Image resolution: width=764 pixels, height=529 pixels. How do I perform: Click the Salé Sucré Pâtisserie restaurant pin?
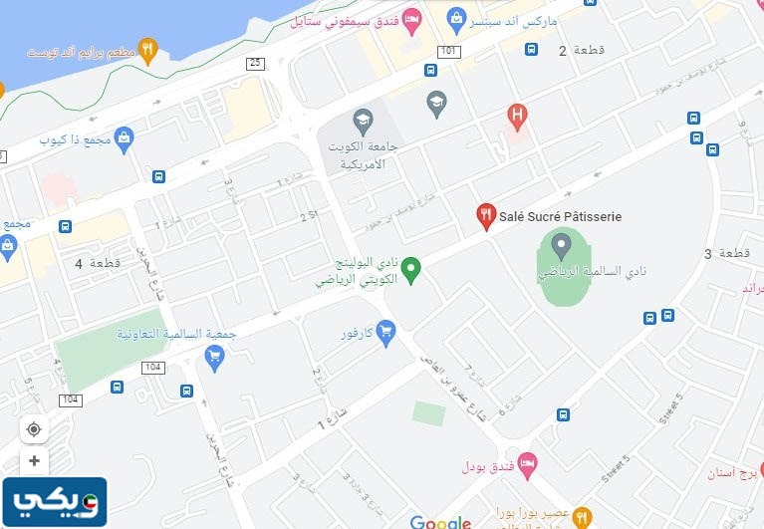[x=486, y=216]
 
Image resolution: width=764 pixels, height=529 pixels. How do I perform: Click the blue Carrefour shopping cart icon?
[x=385, y=331]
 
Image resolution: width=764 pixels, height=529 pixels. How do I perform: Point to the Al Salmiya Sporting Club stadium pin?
[x=561, y=244]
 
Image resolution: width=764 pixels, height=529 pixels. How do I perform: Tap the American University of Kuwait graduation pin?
[x=363, y=121]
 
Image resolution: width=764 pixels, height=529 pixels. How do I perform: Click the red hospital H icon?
[x=516, y=115]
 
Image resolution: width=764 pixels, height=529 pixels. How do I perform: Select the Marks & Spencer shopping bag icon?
[x=456, y=18]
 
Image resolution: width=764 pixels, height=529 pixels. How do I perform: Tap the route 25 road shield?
[x=256, y=64]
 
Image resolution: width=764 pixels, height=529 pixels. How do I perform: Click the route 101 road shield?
[x=449, y=51]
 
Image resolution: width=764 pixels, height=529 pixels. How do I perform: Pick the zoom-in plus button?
[x=34, y=461]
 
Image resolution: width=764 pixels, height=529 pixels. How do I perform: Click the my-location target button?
[x=34, y=429]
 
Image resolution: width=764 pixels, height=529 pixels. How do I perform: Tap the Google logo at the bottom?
[x=439, y=522]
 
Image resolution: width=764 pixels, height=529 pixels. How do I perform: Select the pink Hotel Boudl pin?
[x=528, y=463]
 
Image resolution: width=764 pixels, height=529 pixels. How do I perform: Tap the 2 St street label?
[x=308, y=215]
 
